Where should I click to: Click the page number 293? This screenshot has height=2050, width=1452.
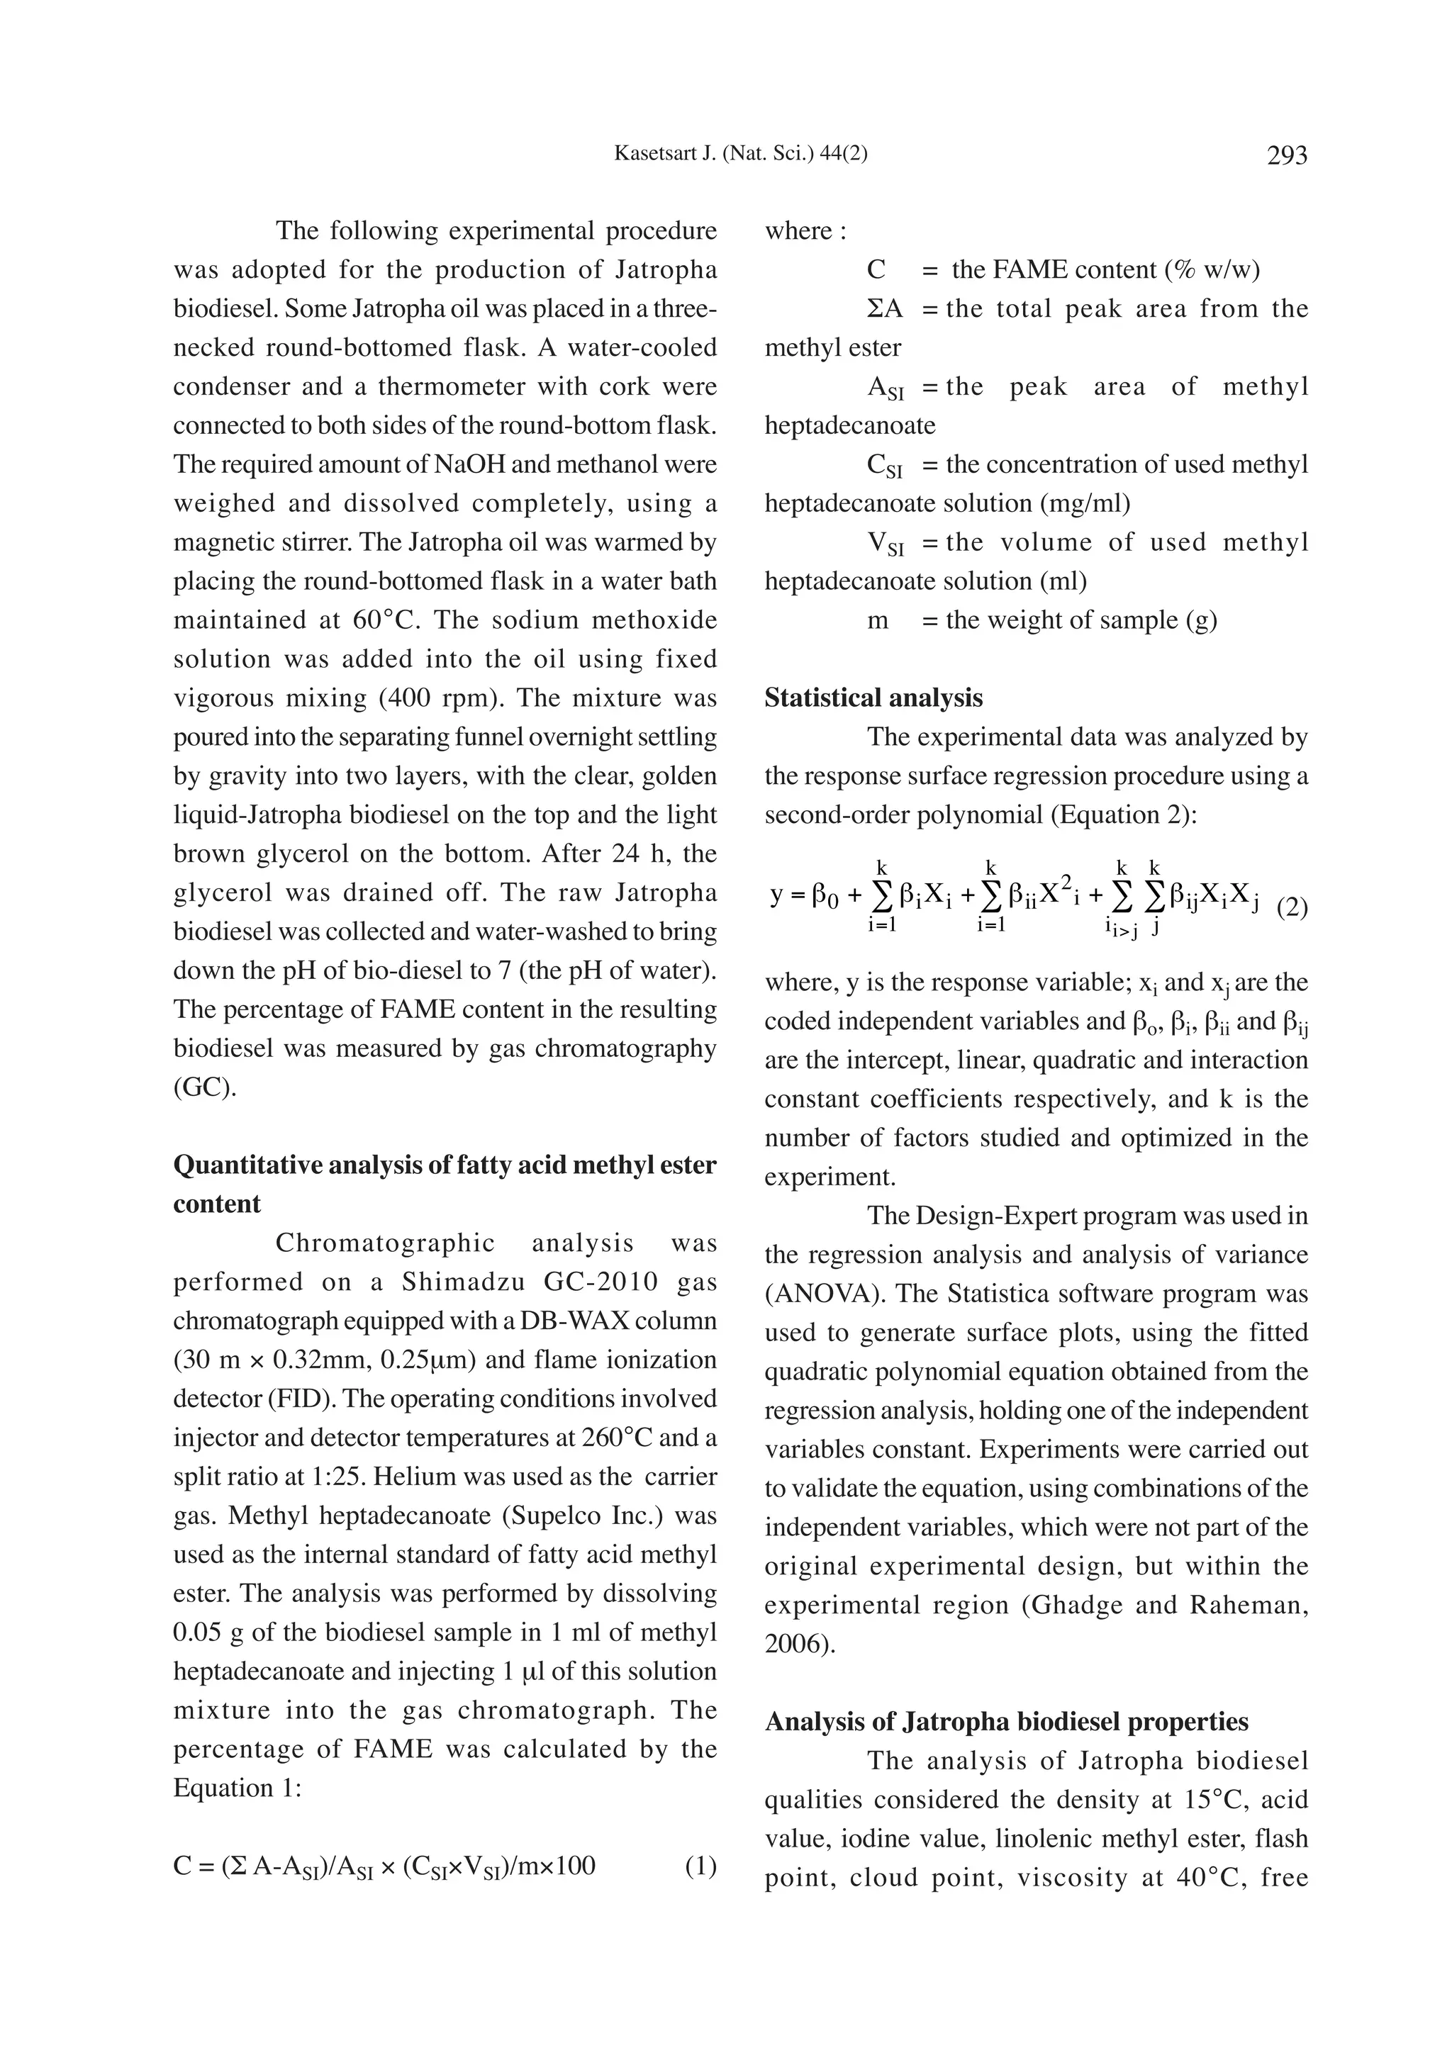1287,155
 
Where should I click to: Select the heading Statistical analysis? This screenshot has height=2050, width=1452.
873,698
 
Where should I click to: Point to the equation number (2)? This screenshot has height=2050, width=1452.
1291,908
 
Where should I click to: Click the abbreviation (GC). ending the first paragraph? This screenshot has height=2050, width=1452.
205,1088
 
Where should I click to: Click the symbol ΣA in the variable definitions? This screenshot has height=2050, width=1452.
884,309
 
